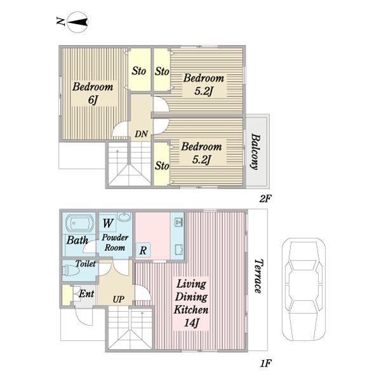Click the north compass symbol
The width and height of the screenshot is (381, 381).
(77, 22)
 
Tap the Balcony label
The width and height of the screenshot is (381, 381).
(255, 151)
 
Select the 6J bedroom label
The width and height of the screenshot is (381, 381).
(93, 93)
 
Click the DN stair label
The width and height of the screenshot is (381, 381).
(142, 133)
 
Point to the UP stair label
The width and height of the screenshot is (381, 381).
(119, 299)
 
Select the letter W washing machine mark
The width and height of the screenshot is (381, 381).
(108, 223)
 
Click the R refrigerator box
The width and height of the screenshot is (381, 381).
(143, 250)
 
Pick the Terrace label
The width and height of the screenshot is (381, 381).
(258, 276)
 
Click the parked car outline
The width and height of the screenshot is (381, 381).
(304, 290)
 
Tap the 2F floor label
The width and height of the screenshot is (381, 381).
(265, 199)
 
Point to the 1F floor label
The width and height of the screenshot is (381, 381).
(265, 363)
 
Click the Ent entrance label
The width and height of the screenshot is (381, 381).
(86, 293)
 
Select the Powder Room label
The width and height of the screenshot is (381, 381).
(115, 243)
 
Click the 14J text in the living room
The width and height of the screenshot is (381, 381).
(192, 323)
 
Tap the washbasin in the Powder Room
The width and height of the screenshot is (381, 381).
(124, 217)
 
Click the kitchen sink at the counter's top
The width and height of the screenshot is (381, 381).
(178, 222)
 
